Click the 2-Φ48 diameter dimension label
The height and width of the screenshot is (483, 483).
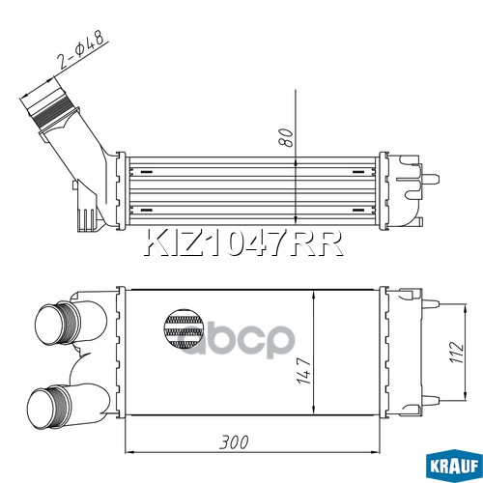[x=81, y=51]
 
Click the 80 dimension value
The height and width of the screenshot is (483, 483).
[x=287, y=137]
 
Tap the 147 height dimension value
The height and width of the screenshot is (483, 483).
[x=303, y=370]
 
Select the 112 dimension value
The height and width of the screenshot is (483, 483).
[x=457, y=353]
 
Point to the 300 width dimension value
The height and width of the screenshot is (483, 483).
[x=234, y=442]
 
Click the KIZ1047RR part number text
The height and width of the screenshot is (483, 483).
[x=243, y=242]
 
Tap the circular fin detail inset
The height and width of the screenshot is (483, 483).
[x=184, y=329]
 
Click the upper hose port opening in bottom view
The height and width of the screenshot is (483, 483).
[x=50, y=324]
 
